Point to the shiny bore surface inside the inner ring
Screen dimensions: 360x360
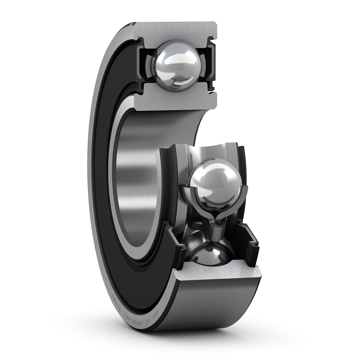click(135, 180)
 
